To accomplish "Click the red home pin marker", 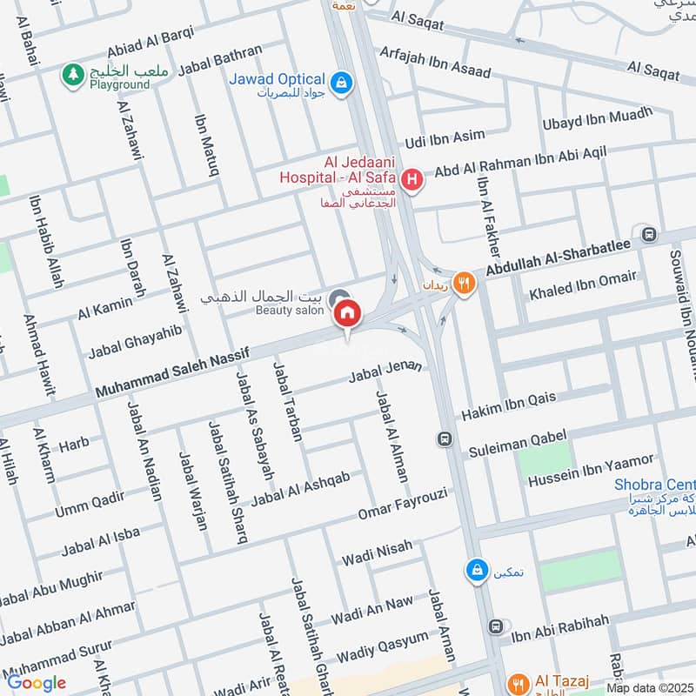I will [348, 312].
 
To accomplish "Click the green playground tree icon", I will [70, 75].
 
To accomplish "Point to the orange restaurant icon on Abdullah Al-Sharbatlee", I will [465, 281].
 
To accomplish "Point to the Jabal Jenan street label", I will [385, 372].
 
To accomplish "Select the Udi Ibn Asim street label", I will [445, 140].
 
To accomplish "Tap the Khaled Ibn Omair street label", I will [583, 285].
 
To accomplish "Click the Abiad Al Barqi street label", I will [151, 41].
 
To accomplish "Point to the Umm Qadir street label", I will [90, 504].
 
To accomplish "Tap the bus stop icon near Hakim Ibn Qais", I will [445, 438].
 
